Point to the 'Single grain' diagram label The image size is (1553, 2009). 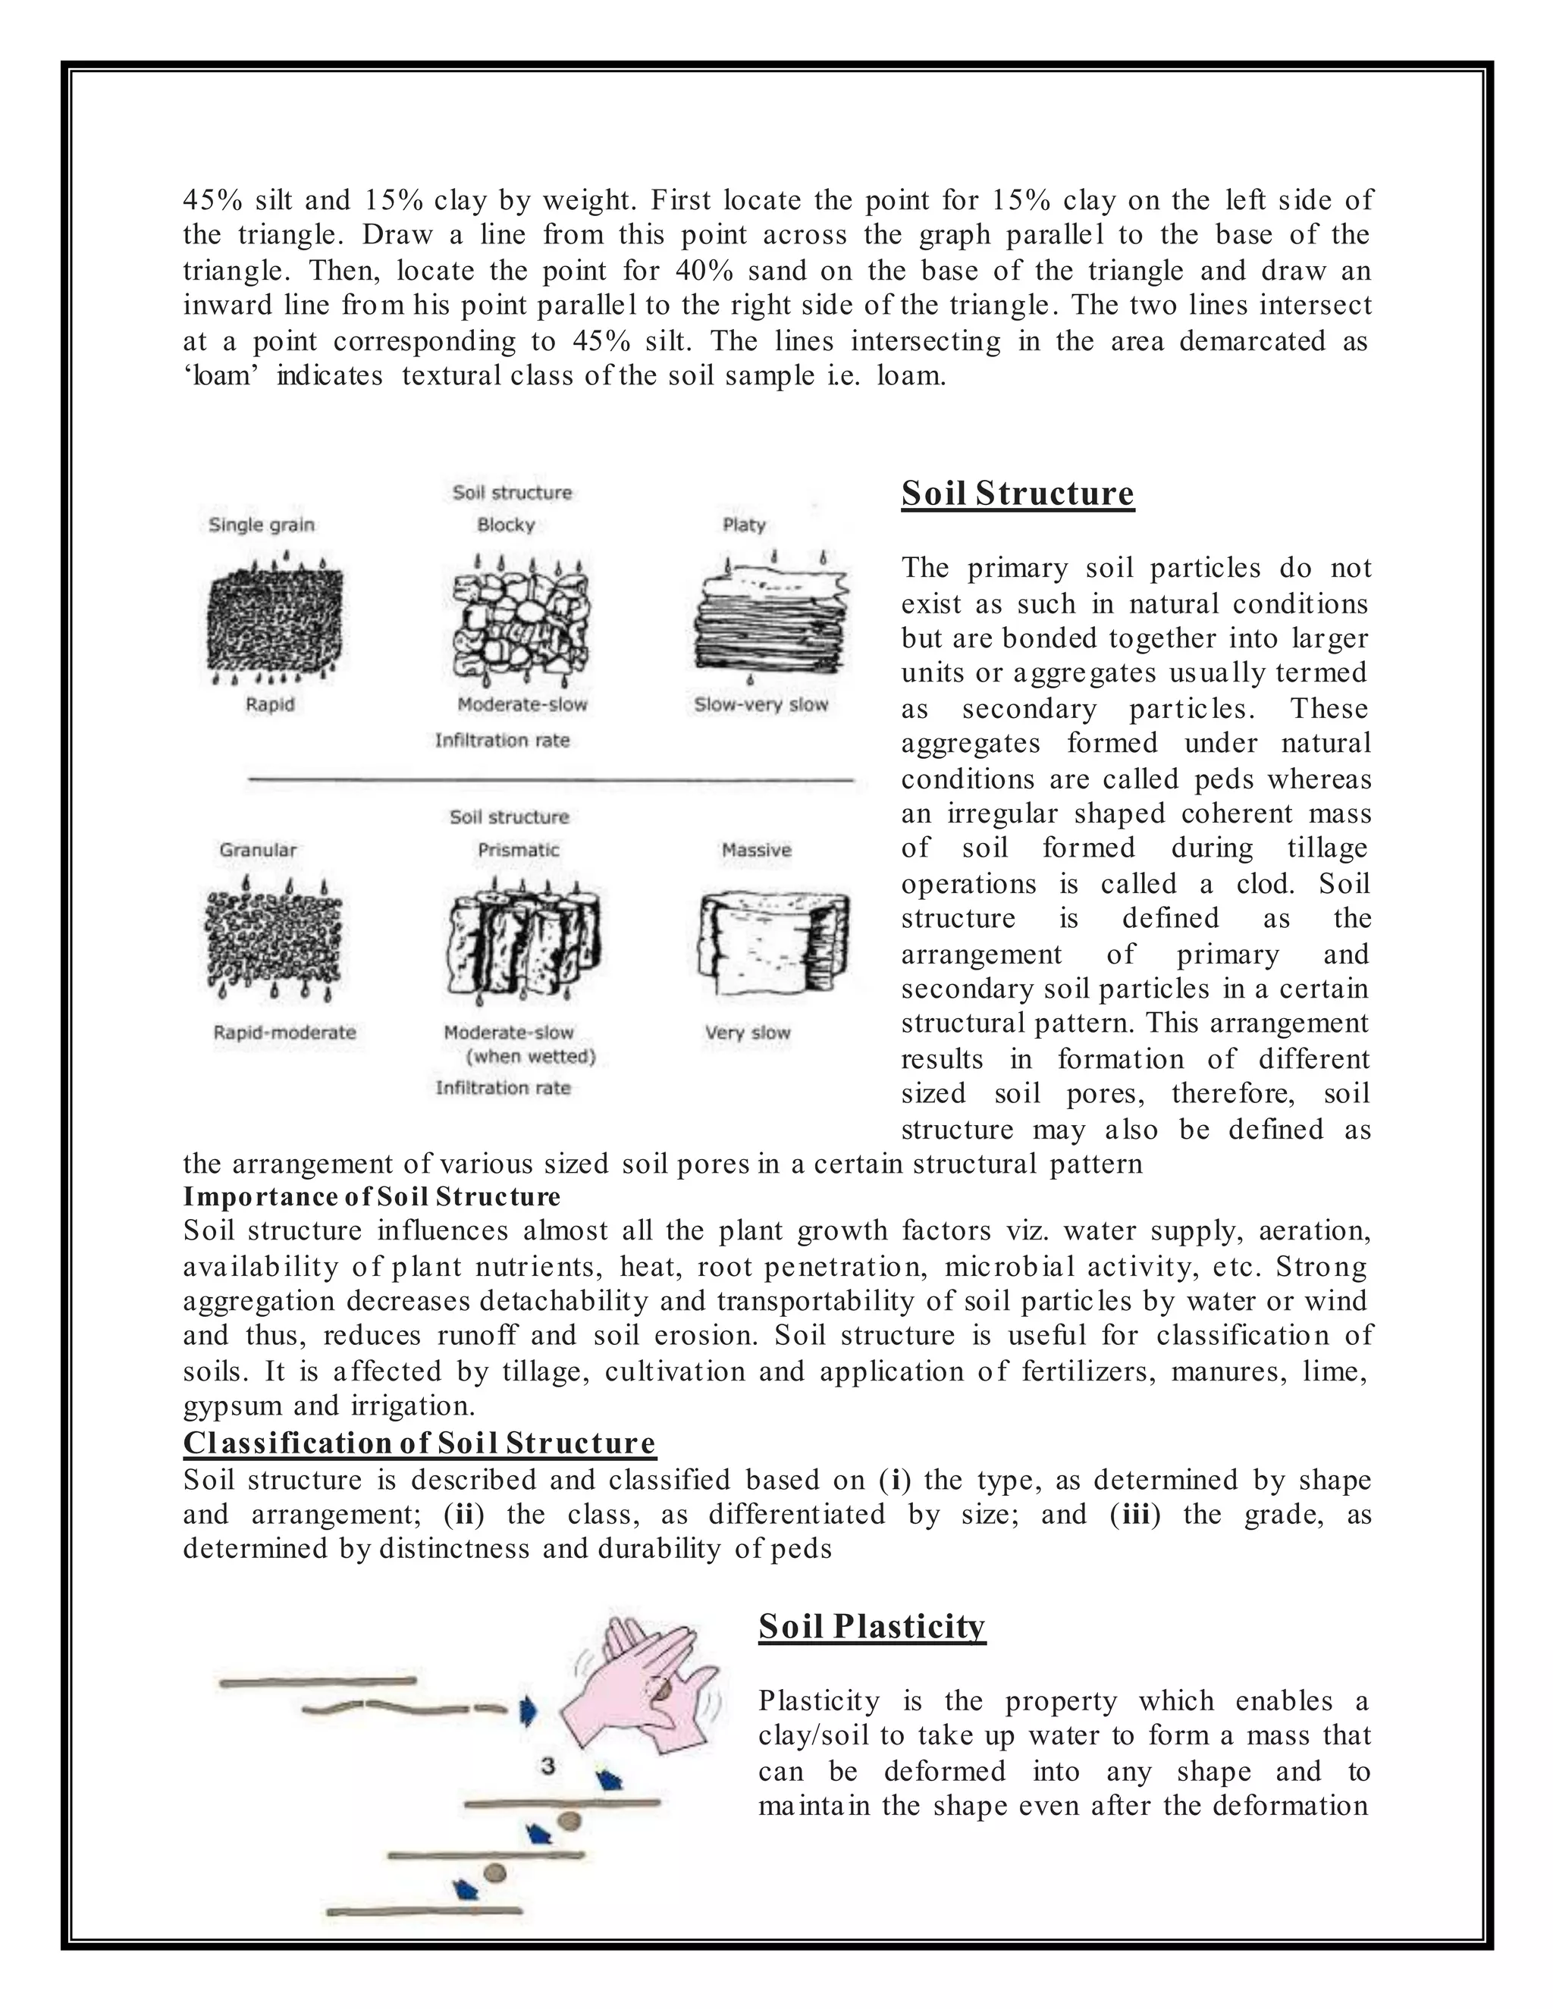pyautogui.click(x=262, y=525)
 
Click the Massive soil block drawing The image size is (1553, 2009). pyautogui.click(x=773, y=940)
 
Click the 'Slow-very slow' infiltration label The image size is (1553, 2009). pyautogui.click(x=761, y=704)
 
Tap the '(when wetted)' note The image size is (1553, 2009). pyautogui.click(x=531, y=1056)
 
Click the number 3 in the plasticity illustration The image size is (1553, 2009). pyautogui.click(x=548, y=1765)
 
